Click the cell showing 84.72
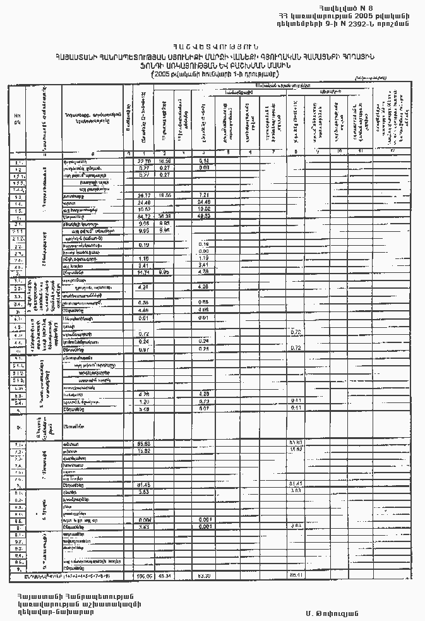(143, 216)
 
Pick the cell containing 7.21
(204, 195)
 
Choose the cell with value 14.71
(143, 272)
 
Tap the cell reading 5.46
(143, 409)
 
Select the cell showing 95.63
(143, 443)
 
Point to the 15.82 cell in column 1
(143, 451)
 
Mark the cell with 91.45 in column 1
(143, 485)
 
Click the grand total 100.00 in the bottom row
(143, 576)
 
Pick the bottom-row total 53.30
(204, 576)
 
